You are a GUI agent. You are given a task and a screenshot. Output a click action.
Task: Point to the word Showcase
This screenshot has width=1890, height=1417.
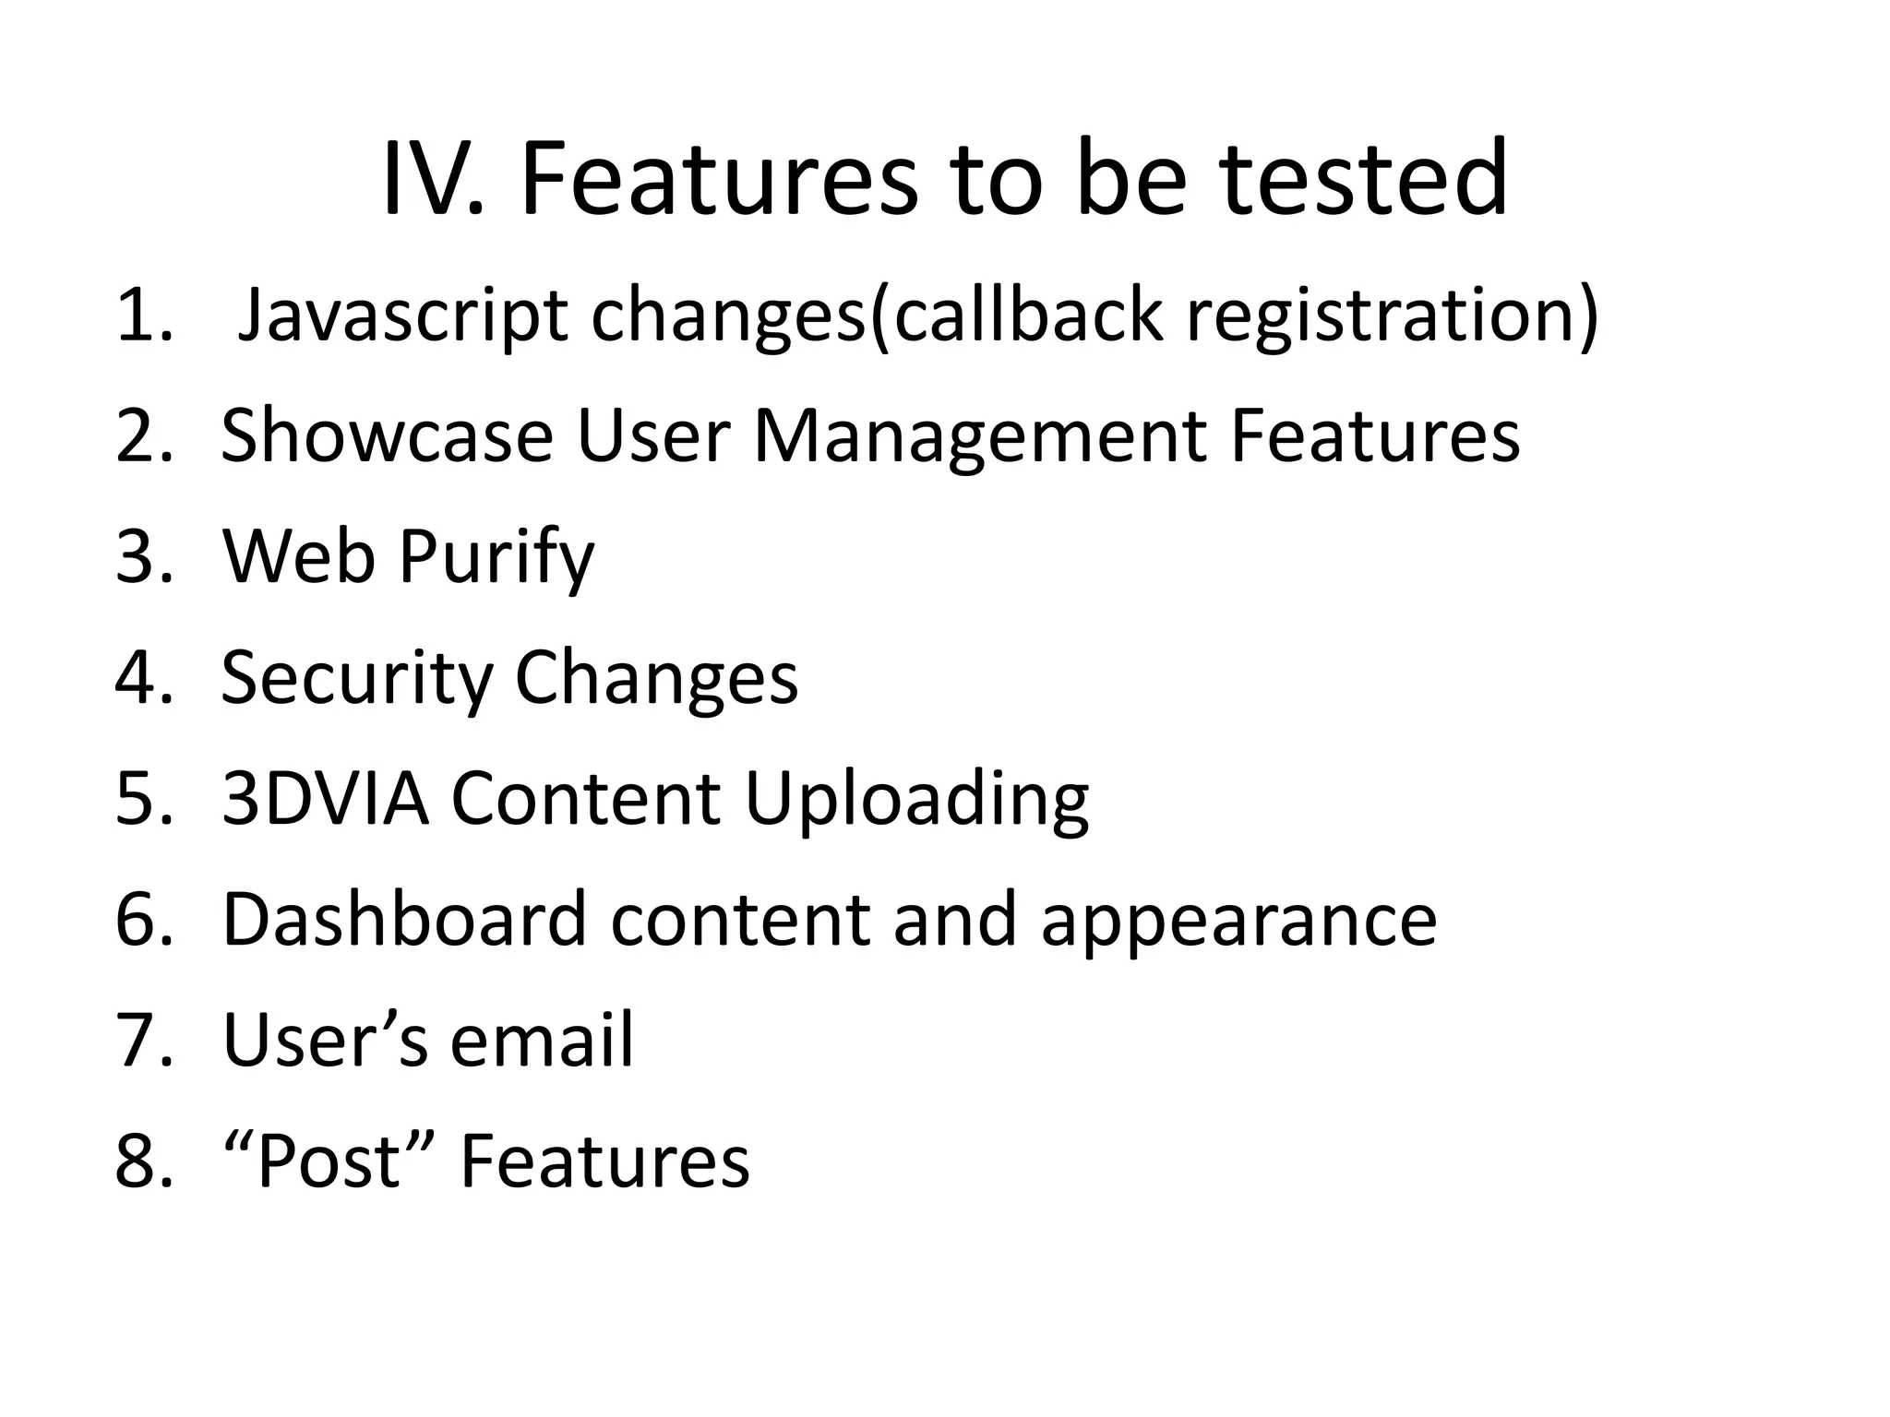[x=387, y=436]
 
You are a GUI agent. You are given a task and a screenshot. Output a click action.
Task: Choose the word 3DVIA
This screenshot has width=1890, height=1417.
[x=326, y=798]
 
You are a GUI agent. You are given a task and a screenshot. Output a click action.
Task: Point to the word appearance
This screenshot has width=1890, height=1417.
[x=1238, y=921]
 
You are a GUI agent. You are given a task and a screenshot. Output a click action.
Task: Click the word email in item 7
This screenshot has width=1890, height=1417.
[x=542, y=1040]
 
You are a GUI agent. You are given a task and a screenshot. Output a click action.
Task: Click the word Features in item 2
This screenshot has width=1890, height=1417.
[x=1374, y=436]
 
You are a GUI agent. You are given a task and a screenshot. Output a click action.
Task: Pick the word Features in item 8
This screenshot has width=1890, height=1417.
[x=604, y=1161]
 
